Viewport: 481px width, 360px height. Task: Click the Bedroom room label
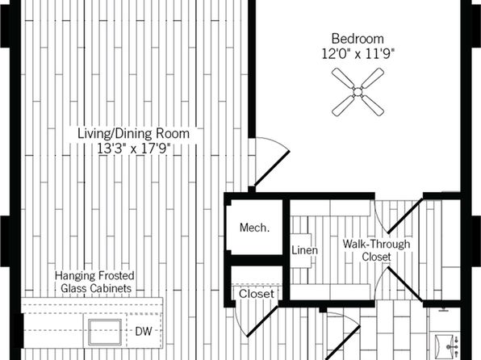pos(358,39)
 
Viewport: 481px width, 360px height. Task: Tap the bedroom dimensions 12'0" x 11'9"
pos(358,54)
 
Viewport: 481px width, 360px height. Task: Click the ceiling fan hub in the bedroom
pos(358,92)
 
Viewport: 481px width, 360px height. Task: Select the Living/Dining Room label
pos(133,134)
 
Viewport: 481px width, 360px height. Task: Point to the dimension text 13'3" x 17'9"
pos(133,149)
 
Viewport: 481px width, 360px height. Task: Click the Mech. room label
pos(254,228)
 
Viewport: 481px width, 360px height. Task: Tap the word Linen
pos(304,250)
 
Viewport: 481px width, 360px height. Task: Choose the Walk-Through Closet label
pos(376,250)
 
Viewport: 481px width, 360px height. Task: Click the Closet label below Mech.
pos(257,294)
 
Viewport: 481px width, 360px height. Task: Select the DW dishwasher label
pos(144,331)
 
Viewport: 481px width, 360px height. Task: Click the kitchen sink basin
pos(105,332)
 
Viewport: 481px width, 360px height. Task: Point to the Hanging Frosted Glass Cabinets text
pos(94,282)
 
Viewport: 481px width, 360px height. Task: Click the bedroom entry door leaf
pos(272,169)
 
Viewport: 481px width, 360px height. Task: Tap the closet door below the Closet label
pos(262,320)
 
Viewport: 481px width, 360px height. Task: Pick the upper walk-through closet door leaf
pos(404,216)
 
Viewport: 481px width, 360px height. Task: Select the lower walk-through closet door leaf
pos(404,283)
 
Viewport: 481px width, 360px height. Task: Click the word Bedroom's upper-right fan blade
pos(372,77)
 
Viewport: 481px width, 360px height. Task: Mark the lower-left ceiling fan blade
pos(343,107)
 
